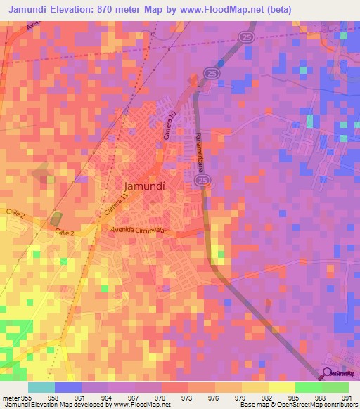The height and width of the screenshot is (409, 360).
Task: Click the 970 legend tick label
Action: [x=162, y=397]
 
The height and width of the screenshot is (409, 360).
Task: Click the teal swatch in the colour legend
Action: [x=41, y=387]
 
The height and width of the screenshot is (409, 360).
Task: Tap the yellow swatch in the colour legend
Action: [x=281, y=387]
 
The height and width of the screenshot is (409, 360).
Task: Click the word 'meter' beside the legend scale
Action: [x=11, y=397]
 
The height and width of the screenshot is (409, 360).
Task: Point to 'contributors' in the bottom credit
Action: [x=340, y=405]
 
